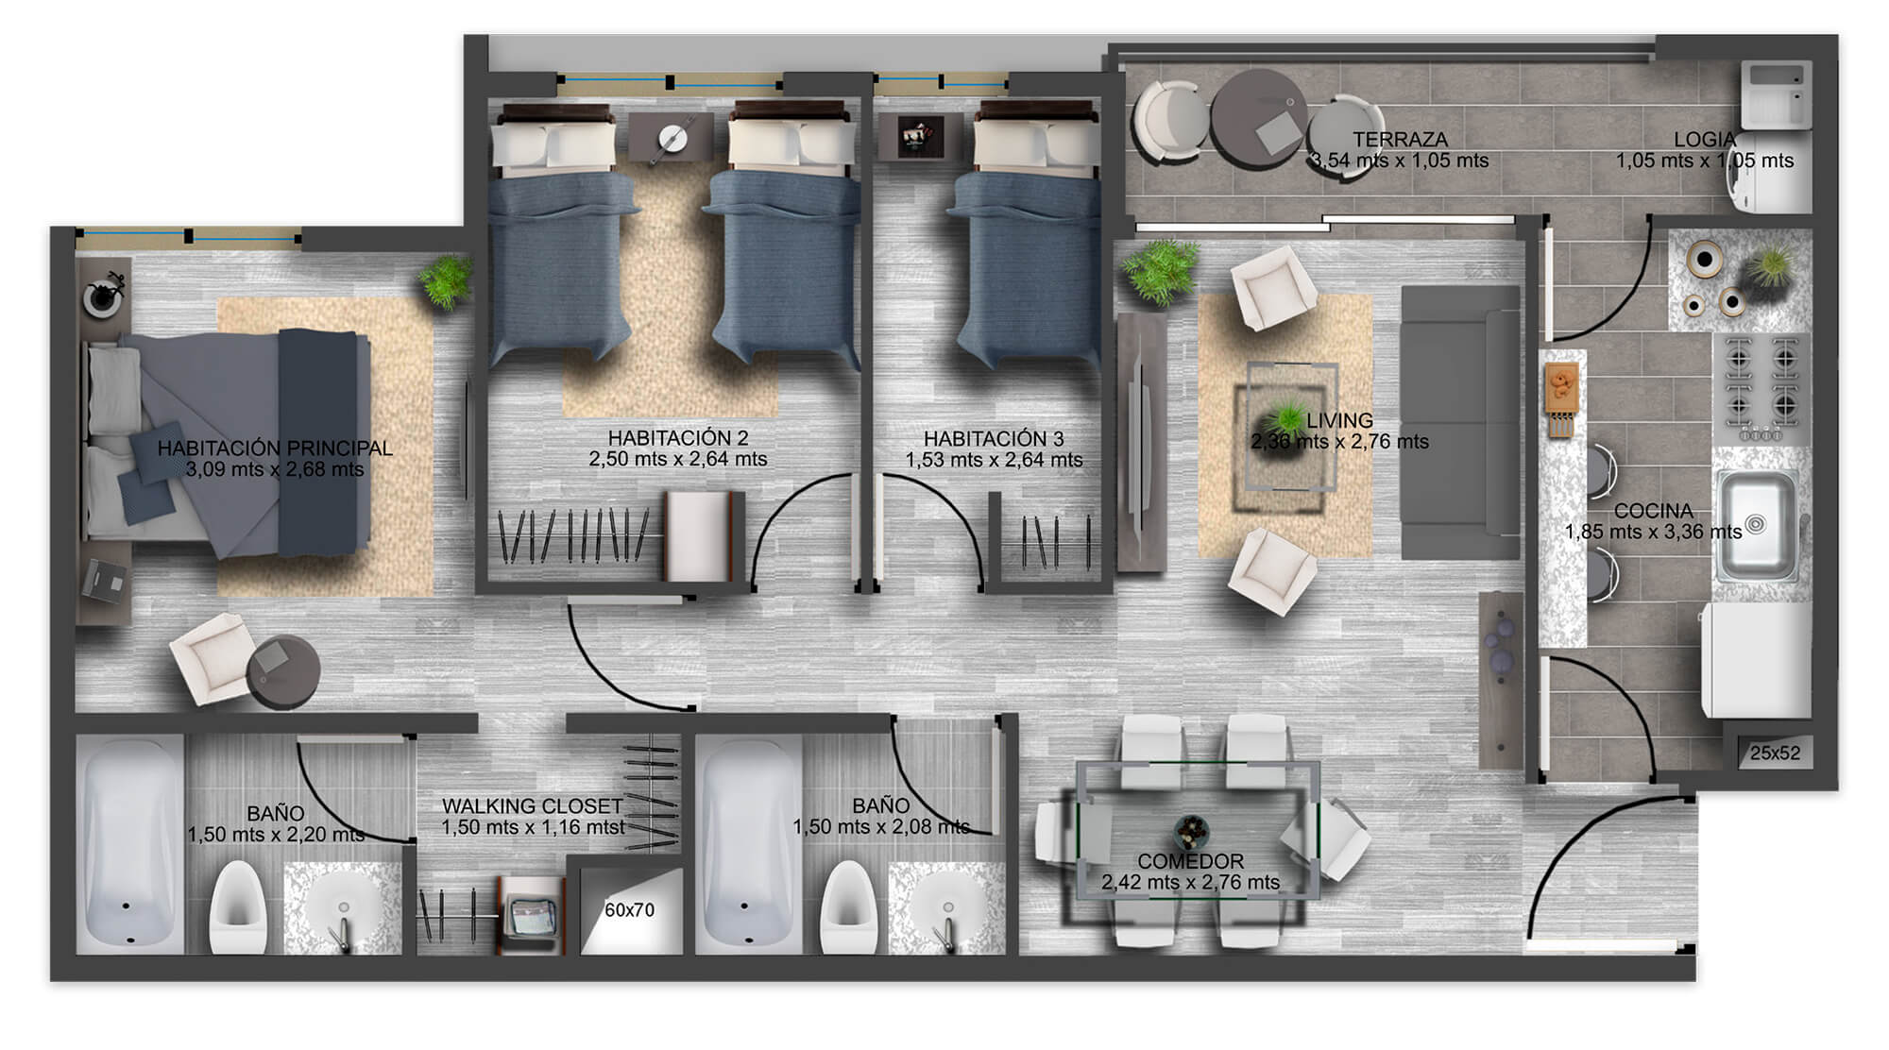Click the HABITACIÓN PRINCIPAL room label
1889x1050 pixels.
pos(275,449)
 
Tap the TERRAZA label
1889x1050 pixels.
pos(1400,140)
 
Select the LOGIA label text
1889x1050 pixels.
pos(1705,140)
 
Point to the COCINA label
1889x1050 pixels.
pos(1653,511)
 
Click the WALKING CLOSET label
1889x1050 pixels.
pos(533,806)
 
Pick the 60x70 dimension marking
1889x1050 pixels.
pos(630,910)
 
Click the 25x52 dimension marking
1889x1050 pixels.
pos(1775,754)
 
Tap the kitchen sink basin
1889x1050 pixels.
pos(1758,525)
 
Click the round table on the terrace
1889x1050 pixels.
pos(1258,118)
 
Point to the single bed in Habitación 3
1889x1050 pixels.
pos(1030,236)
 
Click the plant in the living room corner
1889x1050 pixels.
pos(1159,272)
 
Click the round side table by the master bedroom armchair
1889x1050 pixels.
pos(283,670)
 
